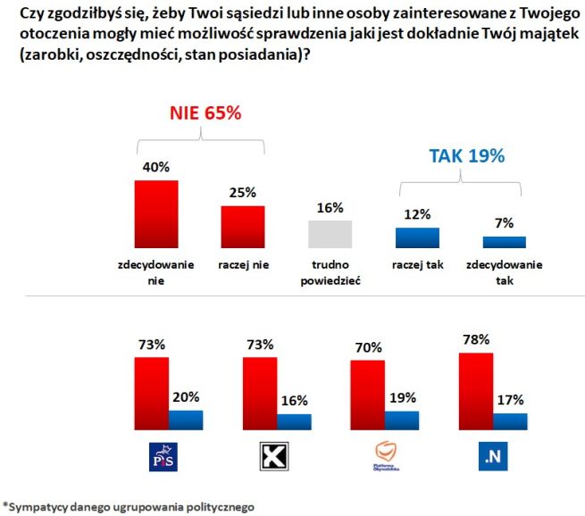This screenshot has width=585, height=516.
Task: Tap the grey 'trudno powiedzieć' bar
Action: pos(330,234)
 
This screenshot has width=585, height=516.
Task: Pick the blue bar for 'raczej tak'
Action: pos(417,237)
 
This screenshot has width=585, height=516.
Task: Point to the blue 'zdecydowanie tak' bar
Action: pos(505,242)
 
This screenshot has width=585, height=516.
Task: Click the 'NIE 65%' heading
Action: pos(205,114)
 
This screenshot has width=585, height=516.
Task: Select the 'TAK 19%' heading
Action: pos(467,155)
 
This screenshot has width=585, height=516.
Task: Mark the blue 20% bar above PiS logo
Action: pos(186,420)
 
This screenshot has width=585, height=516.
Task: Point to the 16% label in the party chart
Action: pos(295,399)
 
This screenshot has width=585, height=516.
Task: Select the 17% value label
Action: pos(511,399)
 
